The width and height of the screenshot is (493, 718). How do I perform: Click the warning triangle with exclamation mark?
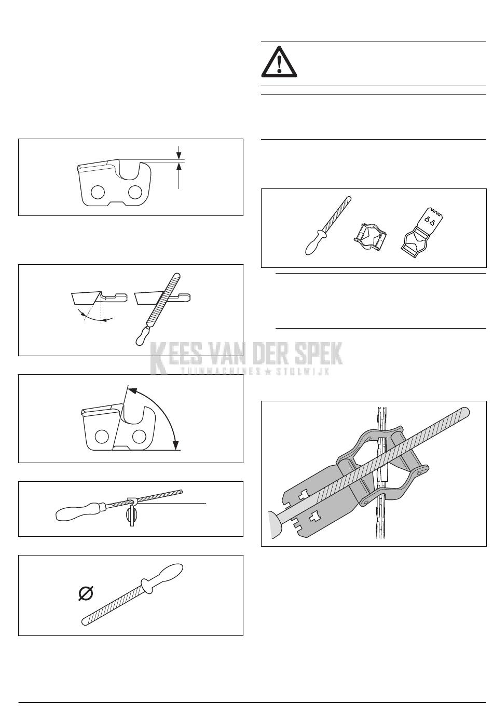tap(279, 62)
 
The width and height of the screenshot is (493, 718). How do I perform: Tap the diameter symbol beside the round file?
tap(86, 593)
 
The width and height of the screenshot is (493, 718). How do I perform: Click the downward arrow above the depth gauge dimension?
tap(179, 152)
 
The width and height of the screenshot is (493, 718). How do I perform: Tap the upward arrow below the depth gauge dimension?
tap(179, 175)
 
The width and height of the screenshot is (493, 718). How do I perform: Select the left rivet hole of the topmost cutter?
tap(98, 192)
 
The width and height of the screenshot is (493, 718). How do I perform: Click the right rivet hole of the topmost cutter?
tap(135, 192)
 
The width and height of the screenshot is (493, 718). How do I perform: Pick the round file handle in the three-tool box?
tap(314, 242)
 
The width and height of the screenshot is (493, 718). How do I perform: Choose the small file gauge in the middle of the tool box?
tap(369, 236)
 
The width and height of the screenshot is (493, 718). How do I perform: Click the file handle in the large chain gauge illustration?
tap(276, 524)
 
